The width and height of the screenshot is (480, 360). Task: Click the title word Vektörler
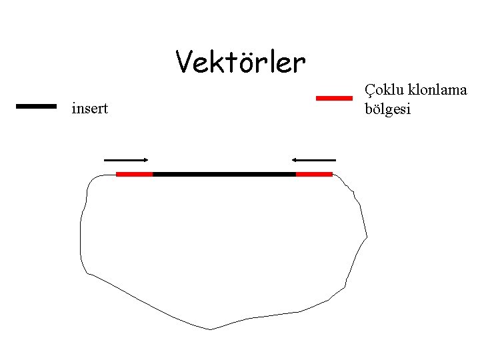pos(241,63)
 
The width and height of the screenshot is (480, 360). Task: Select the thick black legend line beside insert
pos(36,105)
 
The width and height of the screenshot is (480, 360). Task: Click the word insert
pos(89,108)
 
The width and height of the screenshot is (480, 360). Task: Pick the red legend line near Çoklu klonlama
pos(333,98)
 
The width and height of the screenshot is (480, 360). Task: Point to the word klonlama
pos(435,91)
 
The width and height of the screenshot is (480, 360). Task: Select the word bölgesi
pos(388,108)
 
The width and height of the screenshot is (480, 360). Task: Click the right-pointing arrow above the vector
pos(126,160)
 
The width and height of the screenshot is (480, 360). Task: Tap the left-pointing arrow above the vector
pos(313,160)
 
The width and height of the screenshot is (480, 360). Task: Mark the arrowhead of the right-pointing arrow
pos(145,160)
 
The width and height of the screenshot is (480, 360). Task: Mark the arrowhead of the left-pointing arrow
pos(294,160)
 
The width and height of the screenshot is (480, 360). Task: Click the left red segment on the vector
pos(134,174)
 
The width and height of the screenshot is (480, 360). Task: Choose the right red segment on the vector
pos(314,174)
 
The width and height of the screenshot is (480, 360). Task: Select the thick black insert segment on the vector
pos(224,174)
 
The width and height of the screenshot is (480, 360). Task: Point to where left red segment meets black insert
pos(153,174)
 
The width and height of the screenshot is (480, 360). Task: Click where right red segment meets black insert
pos(296,174)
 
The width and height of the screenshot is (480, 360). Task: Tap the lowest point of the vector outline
pos(210,329)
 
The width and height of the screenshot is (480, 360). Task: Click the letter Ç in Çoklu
pos(370,91)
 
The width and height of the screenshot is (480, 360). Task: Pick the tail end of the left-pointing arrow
pos(335,160)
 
